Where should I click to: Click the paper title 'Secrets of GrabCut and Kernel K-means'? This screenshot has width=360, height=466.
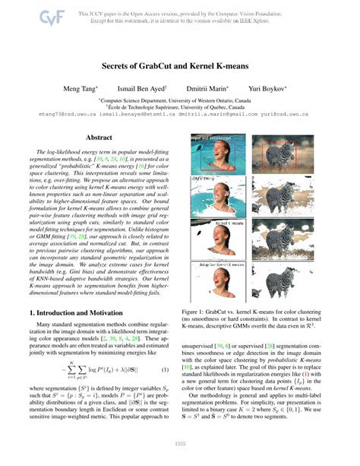(x=179, y=65)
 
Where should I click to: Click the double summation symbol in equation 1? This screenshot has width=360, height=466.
(x=72, y=370)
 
